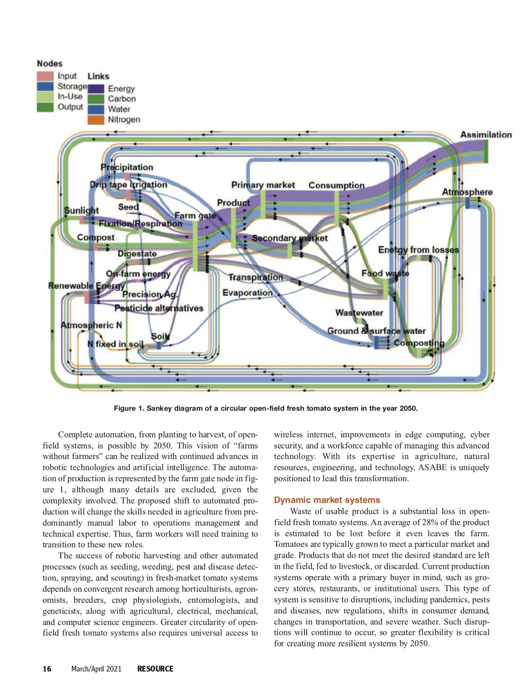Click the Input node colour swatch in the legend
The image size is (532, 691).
[45, 76]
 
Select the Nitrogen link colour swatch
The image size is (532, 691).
[96, 120]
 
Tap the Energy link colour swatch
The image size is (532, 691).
[96, 89]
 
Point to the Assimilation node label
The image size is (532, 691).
[486, 135]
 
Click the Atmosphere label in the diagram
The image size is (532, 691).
[467, 192]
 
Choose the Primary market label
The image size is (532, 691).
[263, 185]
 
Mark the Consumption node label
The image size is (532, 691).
[336, 185]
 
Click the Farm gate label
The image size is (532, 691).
[195, 216]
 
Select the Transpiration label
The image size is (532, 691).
[255, 277]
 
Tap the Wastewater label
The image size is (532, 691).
[359, 313]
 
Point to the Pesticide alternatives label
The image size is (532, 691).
[159, 308]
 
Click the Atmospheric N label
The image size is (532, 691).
[91, 325]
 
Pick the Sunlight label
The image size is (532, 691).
[82, 210]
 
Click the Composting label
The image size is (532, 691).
[419, 343]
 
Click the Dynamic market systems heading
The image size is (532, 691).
[327, 500]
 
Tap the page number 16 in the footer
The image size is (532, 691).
[47, 669]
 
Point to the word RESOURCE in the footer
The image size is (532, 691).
[155, 669]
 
